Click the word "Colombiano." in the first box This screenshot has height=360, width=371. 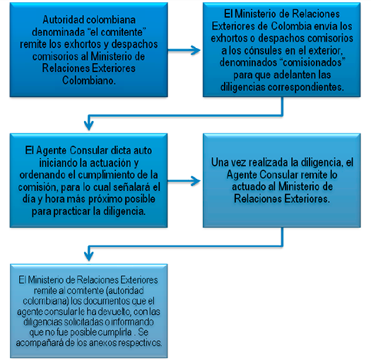click(x=89, y=81)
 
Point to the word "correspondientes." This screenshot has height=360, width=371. click(x=306, y=87)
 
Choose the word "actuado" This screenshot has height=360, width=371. click(x=249, y=187)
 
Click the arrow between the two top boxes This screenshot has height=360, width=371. click(x=184, y=50)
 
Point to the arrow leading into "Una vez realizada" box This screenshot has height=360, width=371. click(x=184, y=181)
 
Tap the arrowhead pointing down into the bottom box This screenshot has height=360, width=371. click(x=89, y=256)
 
